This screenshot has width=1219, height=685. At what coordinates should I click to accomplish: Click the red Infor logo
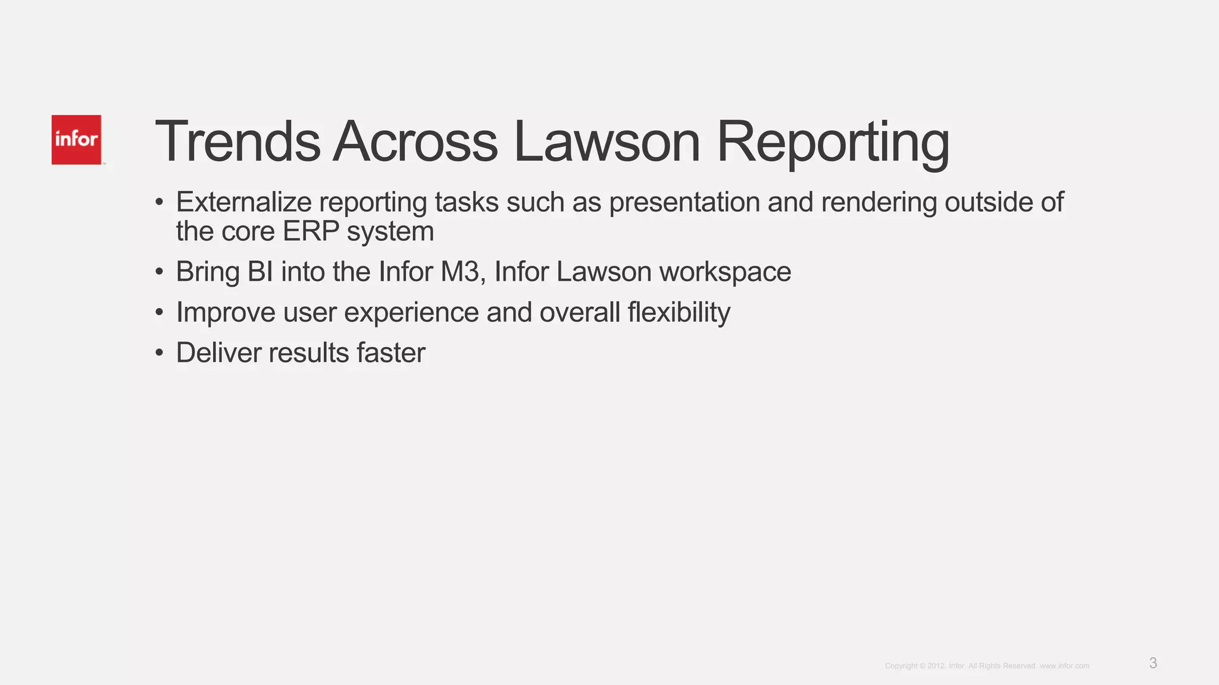[x=76, y=140]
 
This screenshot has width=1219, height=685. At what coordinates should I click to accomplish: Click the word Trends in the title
[x=237, y=142]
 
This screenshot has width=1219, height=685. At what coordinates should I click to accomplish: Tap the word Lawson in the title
[x=607, y=142]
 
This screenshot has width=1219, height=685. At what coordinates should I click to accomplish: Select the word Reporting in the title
[x=833, y=143]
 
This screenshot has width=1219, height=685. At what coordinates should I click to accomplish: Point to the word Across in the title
[x=415, y=142]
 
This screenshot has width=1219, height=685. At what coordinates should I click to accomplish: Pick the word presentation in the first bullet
[x=684, y=203]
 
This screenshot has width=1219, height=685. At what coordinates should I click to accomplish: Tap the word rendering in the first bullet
[x=879, y=203]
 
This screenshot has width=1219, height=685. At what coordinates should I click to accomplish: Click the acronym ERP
[x=311, y=231]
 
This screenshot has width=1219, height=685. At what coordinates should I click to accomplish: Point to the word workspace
[x=725, y=272]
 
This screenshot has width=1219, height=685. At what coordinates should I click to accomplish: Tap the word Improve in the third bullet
[x=226, y=313]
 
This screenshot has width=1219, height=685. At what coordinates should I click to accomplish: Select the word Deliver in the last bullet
[x=218, y=353]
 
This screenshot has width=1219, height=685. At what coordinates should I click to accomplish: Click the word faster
[x=391, y=353]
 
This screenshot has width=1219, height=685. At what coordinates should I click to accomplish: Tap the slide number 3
[x=1153, y=663]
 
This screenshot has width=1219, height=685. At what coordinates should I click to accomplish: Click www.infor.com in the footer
[x=1064, y=666]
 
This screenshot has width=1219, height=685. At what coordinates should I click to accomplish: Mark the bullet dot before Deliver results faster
[x=159, y=353]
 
